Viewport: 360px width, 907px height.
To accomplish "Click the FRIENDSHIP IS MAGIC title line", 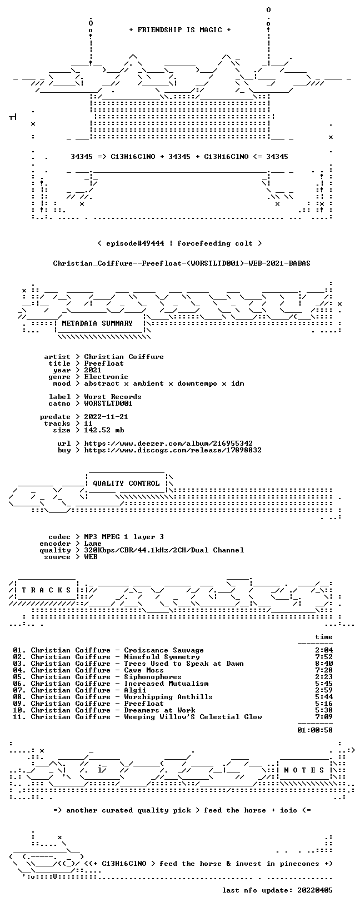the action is click(180, 30).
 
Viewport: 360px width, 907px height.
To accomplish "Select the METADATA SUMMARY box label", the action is click(97, 323).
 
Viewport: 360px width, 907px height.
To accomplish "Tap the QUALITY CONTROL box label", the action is click(126, 484).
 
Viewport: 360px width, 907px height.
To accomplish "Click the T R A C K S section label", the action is click(46, 590).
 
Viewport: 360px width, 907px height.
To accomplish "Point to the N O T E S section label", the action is click(304, 770).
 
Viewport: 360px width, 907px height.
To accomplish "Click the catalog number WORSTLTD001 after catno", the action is click(108, 403).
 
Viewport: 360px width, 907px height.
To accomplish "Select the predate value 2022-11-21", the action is click(106, 417).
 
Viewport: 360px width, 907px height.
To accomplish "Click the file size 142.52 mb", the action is click(104, 430).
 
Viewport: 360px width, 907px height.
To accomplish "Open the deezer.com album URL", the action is click(168, 443).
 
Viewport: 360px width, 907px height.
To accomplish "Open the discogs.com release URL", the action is click(173, 450).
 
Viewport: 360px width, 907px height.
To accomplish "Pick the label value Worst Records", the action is click(113, 397).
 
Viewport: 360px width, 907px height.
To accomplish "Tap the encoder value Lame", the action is click(93, 544).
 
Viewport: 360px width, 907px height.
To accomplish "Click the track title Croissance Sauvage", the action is click(164, 650).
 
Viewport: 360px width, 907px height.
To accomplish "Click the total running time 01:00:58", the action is click(315, 730).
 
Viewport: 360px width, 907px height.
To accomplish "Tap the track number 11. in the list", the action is click(19, 717).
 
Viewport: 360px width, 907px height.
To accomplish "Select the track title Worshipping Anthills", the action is click(168, 697).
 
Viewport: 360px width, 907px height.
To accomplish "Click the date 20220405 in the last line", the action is click(315, 890).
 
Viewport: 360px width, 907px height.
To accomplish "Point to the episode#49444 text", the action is click(135, 243).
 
